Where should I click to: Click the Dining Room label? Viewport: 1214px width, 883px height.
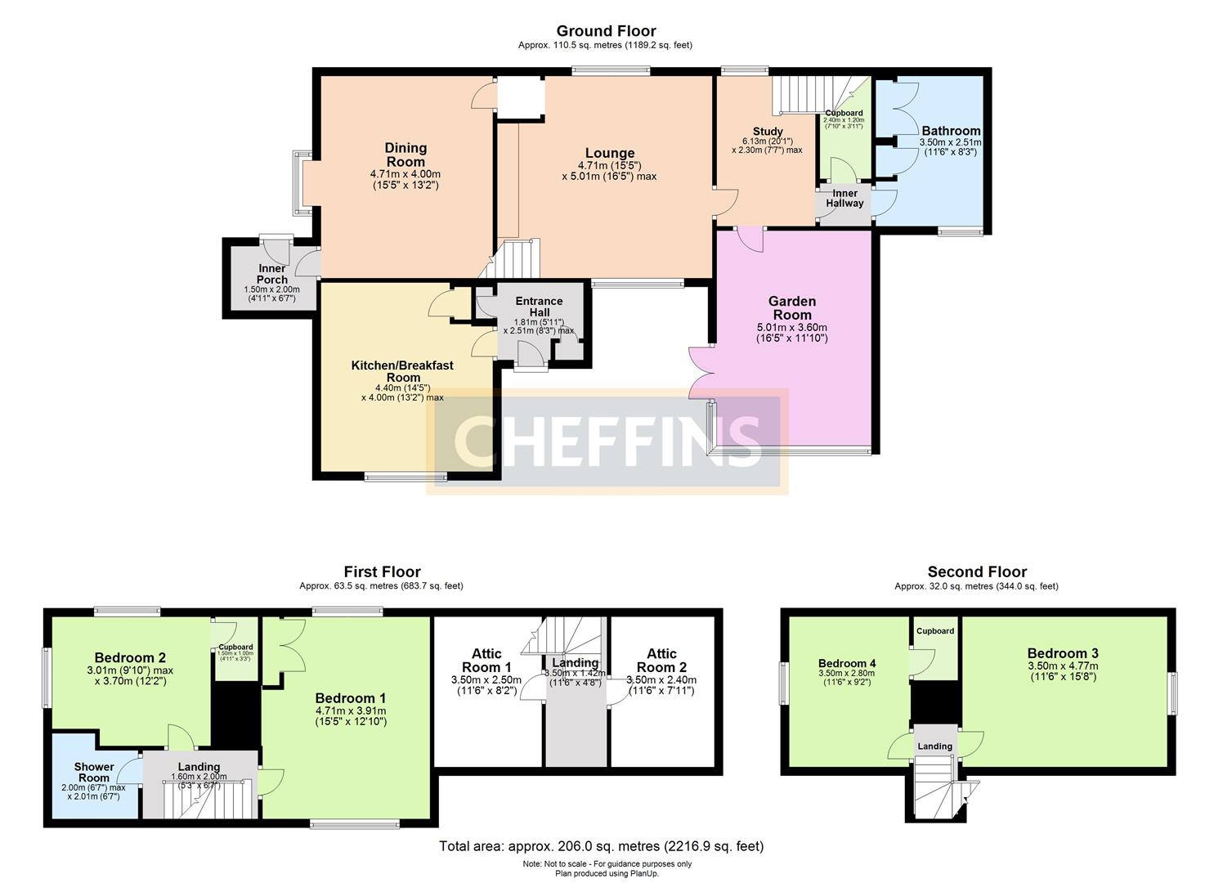405,155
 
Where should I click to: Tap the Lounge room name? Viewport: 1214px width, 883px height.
609,154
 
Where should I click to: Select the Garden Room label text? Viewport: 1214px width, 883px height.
792,308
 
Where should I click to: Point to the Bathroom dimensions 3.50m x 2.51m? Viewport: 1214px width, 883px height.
951,147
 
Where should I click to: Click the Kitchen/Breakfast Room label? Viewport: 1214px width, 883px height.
402,371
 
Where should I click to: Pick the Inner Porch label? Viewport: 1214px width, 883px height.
272,274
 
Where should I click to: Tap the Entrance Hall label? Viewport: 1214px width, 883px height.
538,307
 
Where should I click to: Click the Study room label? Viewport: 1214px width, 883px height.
768,132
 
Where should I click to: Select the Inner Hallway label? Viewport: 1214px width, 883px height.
844,198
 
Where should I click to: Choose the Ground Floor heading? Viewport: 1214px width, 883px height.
606,31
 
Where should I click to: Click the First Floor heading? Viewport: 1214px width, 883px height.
382,571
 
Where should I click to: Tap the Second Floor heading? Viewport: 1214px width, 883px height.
977,571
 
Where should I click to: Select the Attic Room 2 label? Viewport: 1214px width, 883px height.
661,660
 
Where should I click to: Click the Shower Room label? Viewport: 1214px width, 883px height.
94,772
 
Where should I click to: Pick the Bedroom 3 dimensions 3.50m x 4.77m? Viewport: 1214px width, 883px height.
1063,672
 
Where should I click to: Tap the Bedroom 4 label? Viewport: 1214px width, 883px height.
847,663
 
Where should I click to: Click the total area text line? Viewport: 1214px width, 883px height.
601,846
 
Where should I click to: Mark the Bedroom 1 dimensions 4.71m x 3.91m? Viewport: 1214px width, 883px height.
351,716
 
